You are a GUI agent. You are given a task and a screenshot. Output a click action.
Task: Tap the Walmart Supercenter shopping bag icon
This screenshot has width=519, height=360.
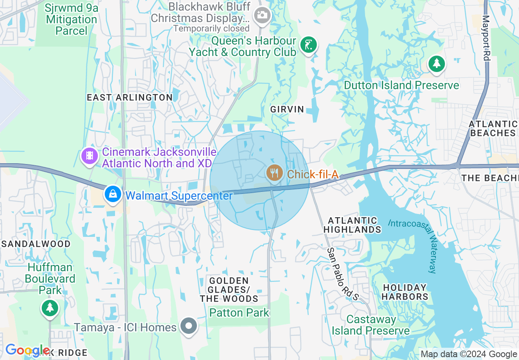[113, 194]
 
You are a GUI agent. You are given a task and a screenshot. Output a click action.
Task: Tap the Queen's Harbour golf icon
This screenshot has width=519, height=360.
[308, 44]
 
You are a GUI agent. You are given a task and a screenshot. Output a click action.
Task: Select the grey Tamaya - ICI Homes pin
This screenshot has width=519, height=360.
[189, 326]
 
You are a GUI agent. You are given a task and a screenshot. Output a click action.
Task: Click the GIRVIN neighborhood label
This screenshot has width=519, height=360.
[287, 109]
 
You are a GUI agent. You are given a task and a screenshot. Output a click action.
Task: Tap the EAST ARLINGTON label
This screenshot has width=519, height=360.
[130, 97]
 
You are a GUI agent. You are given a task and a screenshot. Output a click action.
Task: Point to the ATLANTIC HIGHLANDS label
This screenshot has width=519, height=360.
[352, 225]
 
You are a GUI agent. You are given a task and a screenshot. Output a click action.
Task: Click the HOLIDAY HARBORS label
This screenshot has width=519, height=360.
[405, 292]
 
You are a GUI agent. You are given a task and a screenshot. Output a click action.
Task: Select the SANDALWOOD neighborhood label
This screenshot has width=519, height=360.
[36, 244]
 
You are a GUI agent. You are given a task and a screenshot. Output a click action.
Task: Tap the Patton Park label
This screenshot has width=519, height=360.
[239, 313]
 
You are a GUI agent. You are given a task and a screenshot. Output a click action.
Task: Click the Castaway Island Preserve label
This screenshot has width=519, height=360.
[371, 325]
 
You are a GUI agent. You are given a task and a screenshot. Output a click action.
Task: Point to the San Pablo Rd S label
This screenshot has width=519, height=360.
[343, 274]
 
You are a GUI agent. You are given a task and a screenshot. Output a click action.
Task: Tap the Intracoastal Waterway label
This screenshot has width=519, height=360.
[426, 246]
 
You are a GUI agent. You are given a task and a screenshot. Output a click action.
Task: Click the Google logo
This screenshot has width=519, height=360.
[27, 350]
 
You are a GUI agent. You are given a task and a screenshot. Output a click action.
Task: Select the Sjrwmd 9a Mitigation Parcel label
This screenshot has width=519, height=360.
[72, 19]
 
